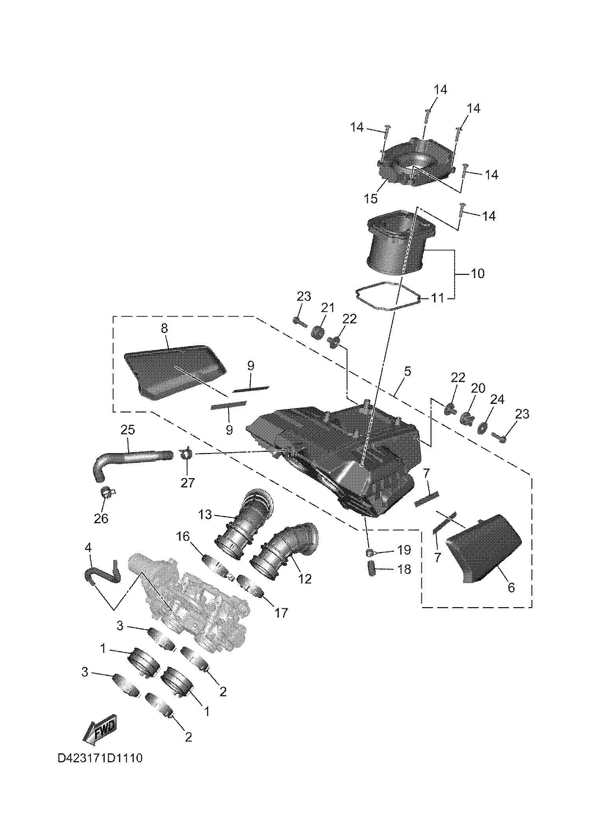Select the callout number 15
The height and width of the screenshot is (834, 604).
(x=371, y=198)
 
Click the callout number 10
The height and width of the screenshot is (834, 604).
(x=477, y=273)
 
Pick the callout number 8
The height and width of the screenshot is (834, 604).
(x=164, y=328)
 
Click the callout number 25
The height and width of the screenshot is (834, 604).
(x=128, y=430)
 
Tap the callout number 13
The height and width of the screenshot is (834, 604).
(x=205, y=515)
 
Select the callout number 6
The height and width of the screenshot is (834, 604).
(x=511, y=598)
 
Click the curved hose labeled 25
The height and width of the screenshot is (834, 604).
(x=130, y=460)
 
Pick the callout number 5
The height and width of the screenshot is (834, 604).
(x=407, y=371)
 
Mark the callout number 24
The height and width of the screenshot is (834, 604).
(x=497, y=400)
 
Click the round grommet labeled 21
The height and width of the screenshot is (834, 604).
(x=318, y=332)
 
